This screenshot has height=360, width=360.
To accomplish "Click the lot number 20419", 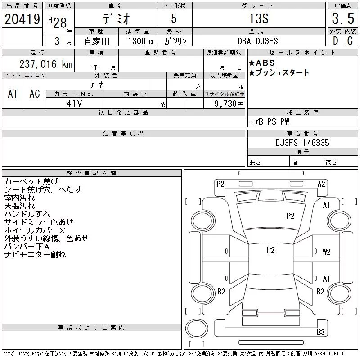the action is [22, 19].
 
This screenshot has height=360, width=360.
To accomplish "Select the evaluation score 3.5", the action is [343, 18].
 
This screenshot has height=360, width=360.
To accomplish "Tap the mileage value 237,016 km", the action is [46, 64].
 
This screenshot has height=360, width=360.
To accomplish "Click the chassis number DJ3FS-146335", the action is [302, 143].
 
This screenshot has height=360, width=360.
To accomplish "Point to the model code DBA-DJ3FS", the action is [257, 41].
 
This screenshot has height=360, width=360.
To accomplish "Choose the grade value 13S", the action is [259, 18].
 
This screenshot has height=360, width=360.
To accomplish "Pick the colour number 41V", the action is [74, 103].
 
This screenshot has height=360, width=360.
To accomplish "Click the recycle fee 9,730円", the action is [229, 104].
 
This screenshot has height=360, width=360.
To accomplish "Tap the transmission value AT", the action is [13, 94].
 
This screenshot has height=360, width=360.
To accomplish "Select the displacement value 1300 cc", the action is [141, 41].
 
